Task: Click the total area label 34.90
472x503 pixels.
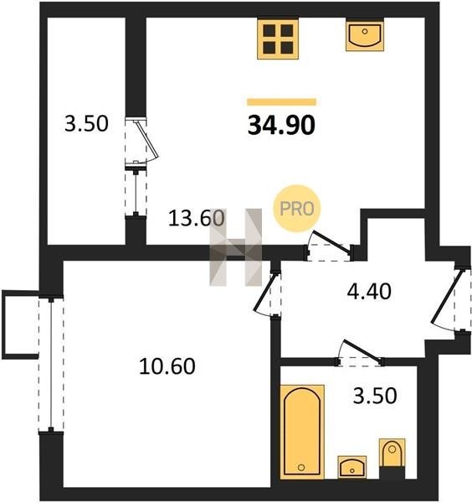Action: (281, 125)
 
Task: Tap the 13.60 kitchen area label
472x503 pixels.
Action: (197, 218)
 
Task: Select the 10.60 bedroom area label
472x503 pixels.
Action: (167, 366)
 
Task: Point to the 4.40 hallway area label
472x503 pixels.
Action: (369, 292)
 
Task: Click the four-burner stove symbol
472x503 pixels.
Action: (278, 39)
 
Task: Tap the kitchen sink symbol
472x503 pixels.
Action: (365, 34)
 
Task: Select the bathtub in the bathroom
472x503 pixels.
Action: (302, 432)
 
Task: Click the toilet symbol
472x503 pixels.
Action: (392, 453)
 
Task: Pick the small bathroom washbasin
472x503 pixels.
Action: (352, 467)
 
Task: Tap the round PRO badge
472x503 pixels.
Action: (297, 209)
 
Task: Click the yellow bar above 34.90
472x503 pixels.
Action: (281, 102)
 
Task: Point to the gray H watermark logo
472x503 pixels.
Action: (236, 247)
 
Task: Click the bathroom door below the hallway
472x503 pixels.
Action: (359, 354)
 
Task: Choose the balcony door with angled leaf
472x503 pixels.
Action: (141, 143)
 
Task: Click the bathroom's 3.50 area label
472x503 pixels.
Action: (375, 396)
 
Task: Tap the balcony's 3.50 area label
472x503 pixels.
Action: (86, 124)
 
